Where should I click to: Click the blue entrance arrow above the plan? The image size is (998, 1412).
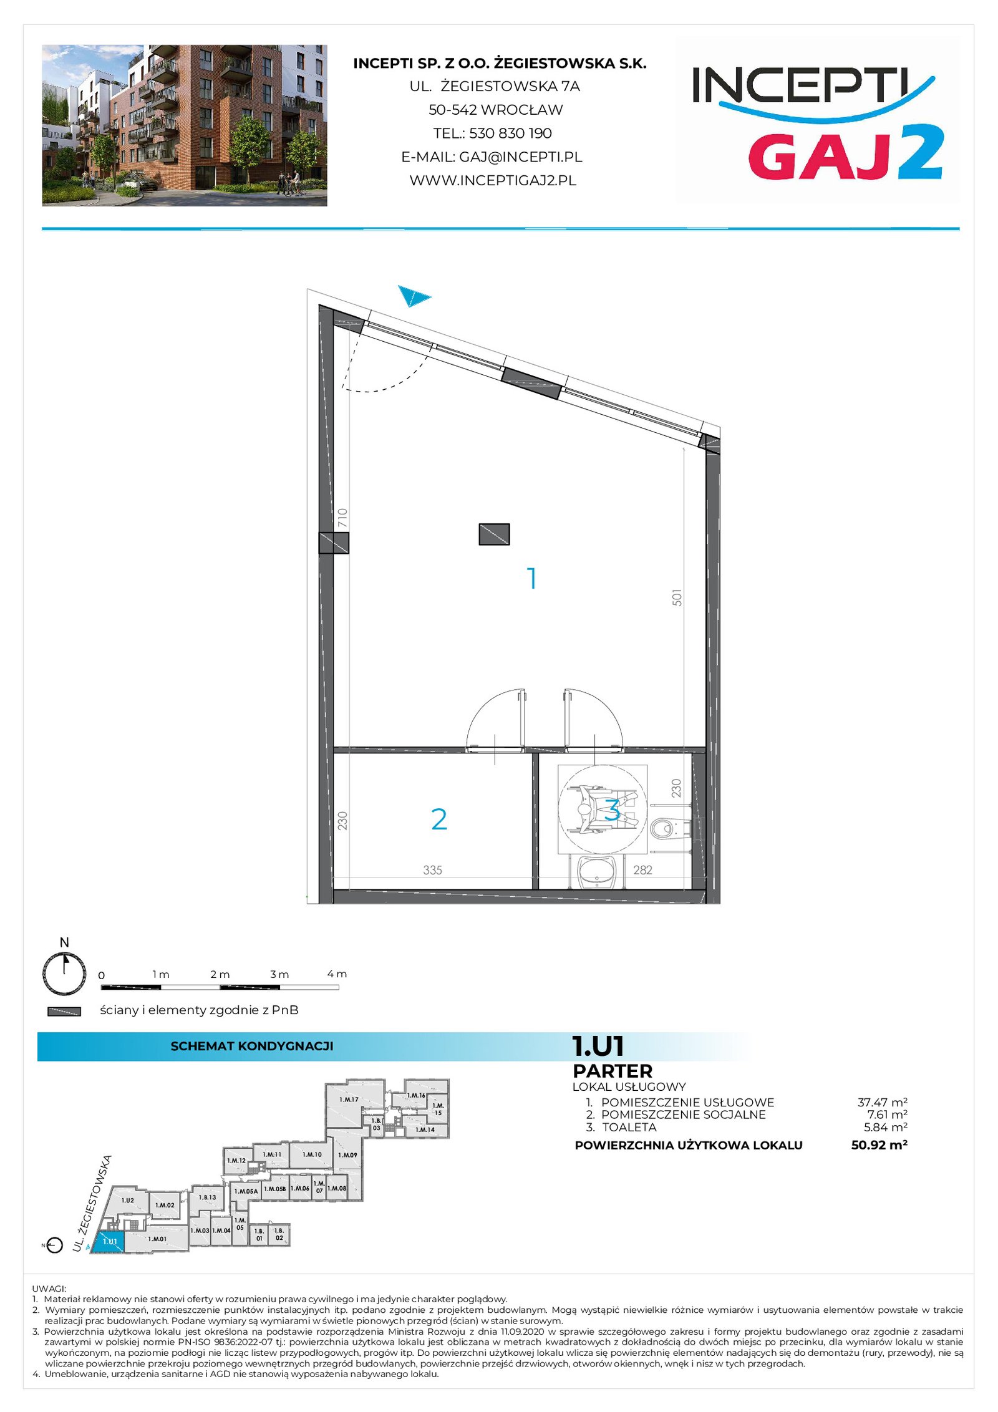[x=412, y=296]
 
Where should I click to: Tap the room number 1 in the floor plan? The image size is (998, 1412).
[x=531, y=578]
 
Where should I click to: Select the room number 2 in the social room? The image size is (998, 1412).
[x=439, y=820]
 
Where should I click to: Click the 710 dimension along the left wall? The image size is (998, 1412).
[x=342, y=518]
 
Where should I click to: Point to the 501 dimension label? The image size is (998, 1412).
[x=677, y=597]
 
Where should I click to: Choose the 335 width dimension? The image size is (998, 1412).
[x=432, y=870]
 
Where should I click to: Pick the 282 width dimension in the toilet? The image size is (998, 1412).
[x=642, y=870]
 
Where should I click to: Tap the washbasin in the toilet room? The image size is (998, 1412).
[x=597, y=872]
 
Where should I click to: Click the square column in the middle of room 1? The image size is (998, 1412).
[x=494, y=534]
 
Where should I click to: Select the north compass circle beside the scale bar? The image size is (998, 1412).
[x=64, y=974]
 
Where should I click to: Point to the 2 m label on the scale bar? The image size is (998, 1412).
[x=220, y=974]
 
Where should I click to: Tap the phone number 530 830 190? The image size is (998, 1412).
[x=510, y=133]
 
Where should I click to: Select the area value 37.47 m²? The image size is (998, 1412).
[x=882, y=1102]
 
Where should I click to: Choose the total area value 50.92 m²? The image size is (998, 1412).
[x=879, y=1144]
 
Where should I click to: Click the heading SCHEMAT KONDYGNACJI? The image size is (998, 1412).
[x=252, y=1046]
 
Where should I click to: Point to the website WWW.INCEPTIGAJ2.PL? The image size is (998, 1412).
[x=493, y=180]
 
